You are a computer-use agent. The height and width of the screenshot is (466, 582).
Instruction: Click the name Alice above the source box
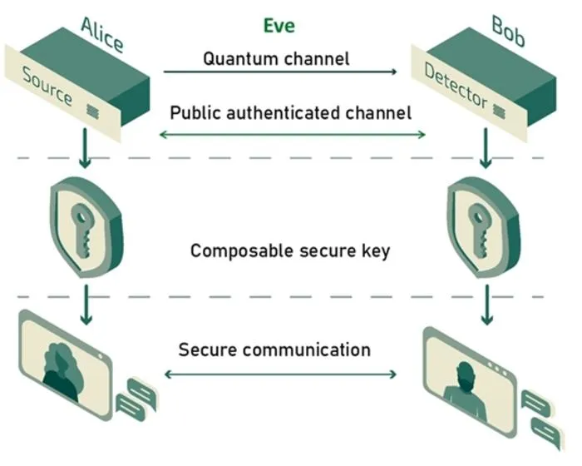click(102, 35)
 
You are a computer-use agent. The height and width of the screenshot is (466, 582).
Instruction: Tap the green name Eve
click(279, 26)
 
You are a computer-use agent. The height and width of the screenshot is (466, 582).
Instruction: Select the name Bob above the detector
click(509, 32)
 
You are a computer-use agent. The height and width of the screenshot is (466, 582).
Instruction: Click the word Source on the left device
click(47, 86)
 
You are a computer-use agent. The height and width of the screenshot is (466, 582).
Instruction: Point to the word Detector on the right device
click(456, 86)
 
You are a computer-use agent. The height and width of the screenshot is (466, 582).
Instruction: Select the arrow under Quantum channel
click(280, 72)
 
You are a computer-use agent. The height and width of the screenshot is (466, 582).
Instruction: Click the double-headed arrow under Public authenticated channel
click(292, 135)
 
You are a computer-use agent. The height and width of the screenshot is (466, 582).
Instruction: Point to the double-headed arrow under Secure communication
click(280, 374)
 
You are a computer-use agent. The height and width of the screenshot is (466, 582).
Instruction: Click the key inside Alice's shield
click(82, 230)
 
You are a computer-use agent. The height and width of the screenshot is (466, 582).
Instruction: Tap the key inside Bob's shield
click(479, 230)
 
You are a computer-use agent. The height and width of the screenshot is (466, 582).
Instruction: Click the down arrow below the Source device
click(85, 148)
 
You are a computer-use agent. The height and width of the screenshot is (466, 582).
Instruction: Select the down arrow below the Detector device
click(486, 148)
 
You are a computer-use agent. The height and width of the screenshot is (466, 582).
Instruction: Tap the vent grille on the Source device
click(92, 112)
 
